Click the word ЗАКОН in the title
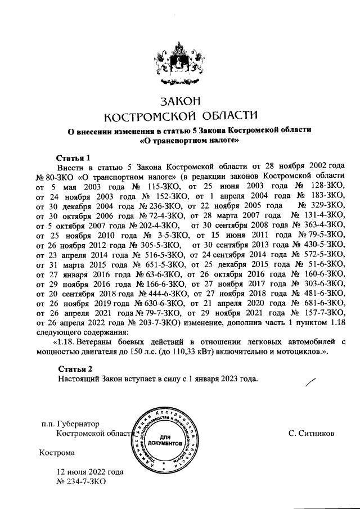180,102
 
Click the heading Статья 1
74,157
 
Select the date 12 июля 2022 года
89,472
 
